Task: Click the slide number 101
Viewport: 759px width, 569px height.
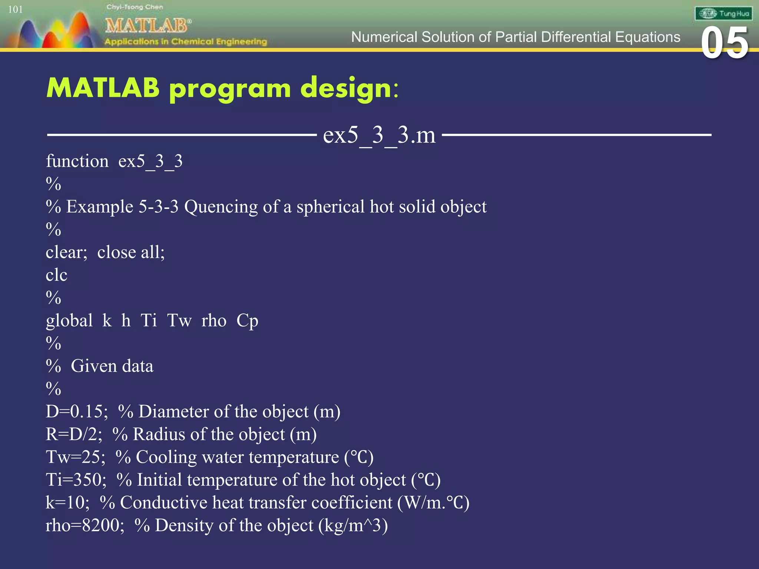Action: coord(15,9)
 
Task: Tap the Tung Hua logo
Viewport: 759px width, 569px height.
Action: coord(723,14)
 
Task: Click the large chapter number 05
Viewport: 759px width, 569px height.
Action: coord(725,44)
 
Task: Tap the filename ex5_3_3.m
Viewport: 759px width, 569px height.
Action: coord(379,135)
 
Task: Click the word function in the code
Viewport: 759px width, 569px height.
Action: coord(77,162)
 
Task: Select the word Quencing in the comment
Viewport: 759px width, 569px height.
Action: coord(221,207)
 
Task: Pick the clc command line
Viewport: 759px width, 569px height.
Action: coord(56,275)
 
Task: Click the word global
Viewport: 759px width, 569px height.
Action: coord(69,320)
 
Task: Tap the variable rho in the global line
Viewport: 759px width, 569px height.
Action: coord(213,320)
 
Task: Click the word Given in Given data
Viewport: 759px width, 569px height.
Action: coord(94,366)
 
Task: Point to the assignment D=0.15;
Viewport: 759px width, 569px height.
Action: coord(77,412)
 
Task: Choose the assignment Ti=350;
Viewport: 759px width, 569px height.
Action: coord(76,480)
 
